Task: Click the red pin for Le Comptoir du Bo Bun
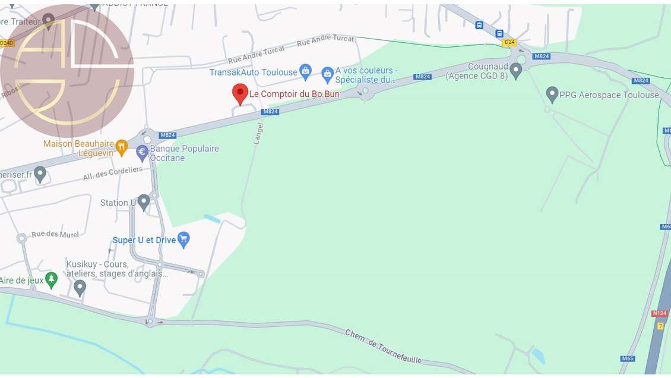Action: click(x=240, y=93)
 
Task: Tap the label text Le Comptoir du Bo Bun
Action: click(x=294, y=94)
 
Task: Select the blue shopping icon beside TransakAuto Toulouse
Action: click(x=305, y=72)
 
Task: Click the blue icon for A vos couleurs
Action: click(x=327, y=74)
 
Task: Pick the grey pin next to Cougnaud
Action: click(x=516, y=71)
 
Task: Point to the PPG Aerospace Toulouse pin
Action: click(x=552, y=94)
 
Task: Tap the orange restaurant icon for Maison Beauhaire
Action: click(x=121, y=147)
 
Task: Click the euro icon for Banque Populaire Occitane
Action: click(x=143, y=153)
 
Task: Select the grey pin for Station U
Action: click(x=144, y=202)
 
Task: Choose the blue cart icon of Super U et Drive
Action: click(x=183, y=240)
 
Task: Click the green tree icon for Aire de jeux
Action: click(x=52, y=280)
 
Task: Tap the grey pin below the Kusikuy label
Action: click(x=80, y=288)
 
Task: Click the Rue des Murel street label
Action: click(x=55, y=234)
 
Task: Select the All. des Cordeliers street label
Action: click(x=113, y=174)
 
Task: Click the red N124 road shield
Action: click(x=660, y=313)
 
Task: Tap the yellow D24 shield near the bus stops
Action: click(x=509, y=42)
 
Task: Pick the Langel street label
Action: click(x=258, y=133)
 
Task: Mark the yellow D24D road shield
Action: click(x=7, y=43)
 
